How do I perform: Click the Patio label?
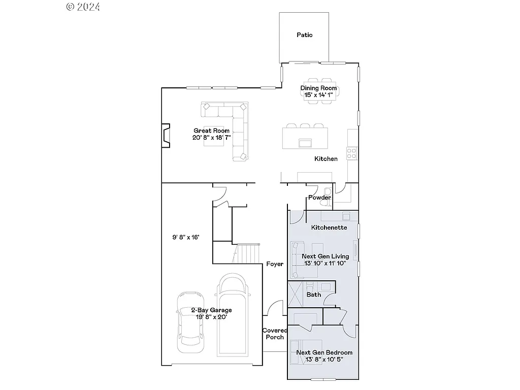coord(305,35)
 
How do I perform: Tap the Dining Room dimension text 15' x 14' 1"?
coord(318,94)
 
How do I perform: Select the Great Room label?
coord(211,131)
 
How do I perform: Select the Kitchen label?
coord(326,159)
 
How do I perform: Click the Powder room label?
coord(319,198)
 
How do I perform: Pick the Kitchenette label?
coord(329,227)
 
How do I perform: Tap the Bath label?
coord(314,295)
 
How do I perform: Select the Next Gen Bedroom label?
coord(324,352)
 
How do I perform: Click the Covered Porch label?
coord(274,334)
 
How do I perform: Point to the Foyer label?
coord(275,264)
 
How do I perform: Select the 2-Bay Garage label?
coord(211,310)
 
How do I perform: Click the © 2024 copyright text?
coord(83,7)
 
